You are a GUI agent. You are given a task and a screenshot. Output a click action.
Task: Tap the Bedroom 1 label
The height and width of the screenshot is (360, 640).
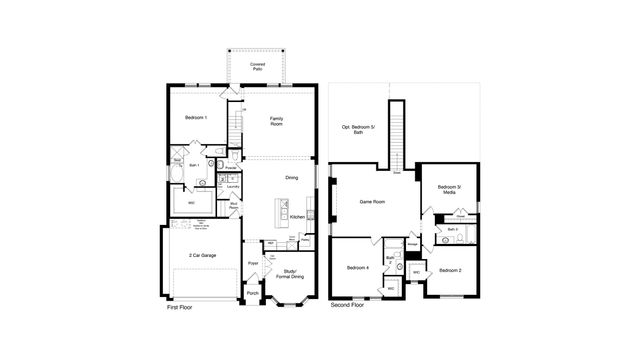click(x=196, y=118)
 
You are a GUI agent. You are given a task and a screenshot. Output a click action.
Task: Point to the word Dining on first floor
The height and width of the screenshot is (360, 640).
click(x=292, y=178)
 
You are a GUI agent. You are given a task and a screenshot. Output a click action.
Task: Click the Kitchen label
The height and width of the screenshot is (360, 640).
click(x=297, y=216)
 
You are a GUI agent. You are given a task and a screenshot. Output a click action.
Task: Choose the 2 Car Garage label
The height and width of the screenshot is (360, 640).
click(x=203, y=255)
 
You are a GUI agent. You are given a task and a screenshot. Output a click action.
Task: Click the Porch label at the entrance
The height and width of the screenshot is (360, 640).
click(x=253, y=293)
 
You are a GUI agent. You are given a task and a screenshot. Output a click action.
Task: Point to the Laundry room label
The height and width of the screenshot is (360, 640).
click(x=232, y=187)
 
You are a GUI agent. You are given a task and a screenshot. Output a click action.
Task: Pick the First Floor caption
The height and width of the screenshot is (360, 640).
click(x=180, y=308)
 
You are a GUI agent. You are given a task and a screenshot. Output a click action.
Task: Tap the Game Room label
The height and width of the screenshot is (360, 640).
click(x=372, y=202)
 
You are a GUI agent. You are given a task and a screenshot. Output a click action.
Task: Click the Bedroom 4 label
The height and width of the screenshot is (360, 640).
click(x=358, y=268)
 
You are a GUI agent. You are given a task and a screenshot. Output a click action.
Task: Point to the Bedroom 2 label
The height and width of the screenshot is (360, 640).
click(x=450, y=270)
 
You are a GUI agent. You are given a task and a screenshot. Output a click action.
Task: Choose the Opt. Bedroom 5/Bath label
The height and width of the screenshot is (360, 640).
click(x=358, y=129)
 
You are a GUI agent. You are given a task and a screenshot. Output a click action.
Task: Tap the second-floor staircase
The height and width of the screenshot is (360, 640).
click(x=398, y=135)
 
